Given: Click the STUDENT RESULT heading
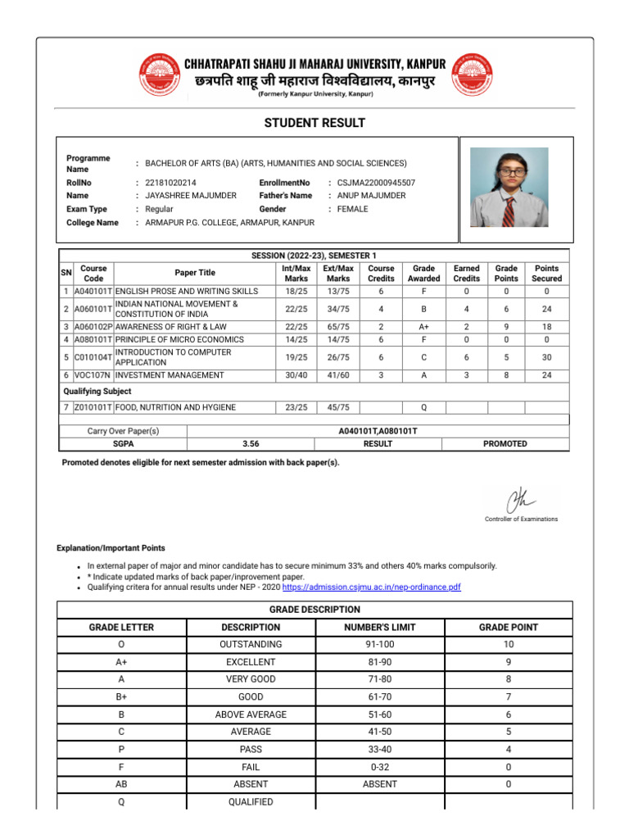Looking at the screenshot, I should (x=314, y=123).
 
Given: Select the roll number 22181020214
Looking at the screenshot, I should (x=170, y=183).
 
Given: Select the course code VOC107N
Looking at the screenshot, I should (x=92, y=375).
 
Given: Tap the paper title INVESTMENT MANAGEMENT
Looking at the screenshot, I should (x=170, y=375).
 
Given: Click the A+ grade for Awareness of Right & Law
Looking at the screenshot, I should (x=423, y=326).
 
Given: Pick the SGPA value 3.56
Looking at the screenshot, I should (x=251, y=444).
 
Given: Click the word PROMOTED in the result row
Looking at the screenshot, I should (x=505, y=444).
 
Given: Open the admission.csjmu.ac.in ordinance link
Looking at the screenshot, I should (x=371, y=587).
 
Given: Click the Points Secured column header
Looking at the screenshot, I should (x=546, y=274).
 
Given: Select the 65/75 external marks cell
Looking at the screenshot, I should (x=337, y=326).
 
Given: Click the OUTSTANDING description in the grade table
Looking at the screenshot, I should (x=251, y=645).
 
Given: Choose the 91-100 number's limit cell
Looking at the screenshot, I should (x=380, y=645).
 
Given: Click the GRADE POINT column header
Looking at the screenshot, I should (x=508, y=627).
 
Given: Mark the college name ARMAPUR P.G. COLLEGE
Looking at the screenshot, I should (x=218, y=223).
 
